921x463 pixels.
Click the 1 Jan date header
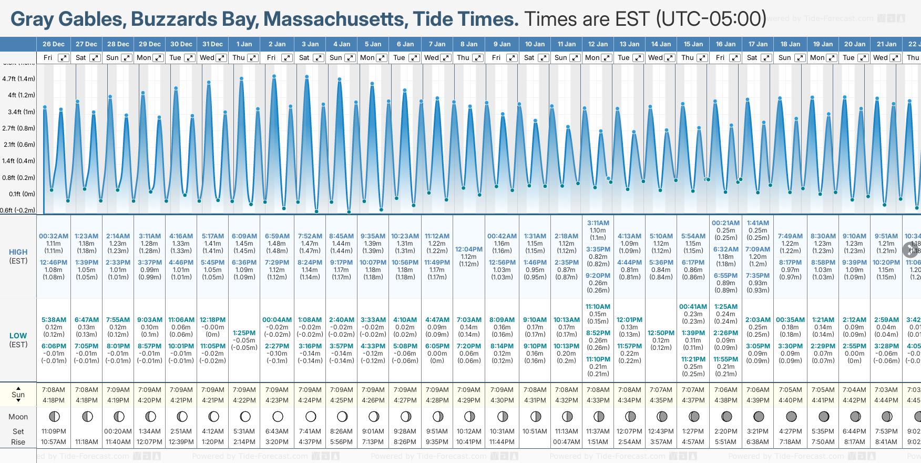[x=244, y=44]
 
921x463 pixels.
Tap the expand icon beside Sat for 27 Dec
[x=95, y=58]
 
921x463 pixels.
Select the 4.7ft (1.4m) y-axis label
[x=18, y=79]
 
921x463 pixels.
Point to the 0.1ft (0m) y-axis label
[x=22, y=194]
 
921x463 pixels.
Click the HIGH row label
[x=18, y=252]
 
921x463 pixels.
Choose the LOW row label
[x=18, y=336]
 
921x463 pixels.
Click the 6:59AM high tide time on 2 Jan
[x=277, y=236]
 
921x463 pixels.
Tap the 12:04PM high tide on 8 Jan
[x=468, y=249]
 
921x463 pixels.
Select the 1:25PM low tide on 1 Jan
[x=244, y=333]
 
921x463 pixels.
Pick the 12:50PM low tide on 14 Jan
[x=661, y=333]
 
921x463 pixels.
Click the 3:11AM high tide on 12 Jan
[x=598, y=223]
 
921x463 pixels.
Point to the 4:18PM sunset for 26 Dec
[x=54, y=400]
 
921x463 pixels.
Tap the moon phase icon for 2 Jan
[x=278, y=417]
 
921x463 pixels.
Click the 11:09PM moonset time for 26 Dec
[x=54, y=431]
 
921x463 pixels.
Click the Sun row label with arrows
[x=18, y=395]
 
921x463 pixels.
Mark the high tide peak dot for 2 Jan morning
[x=274, y=76]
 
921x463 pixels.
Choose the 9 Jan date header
[x=503, y=44]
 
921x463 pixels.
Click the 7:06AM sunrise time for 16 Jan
[x=725, y=390]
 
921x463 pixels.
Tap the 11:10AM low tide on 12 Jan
[x=598, y=307]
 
